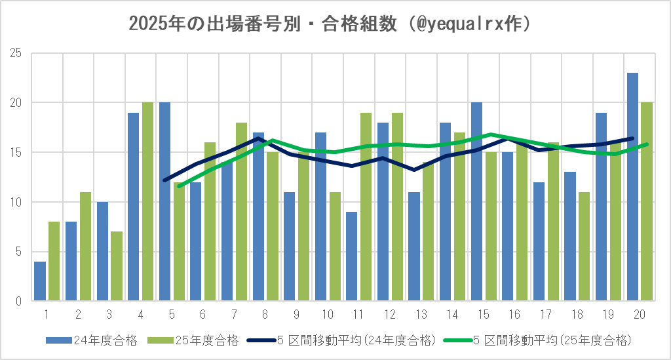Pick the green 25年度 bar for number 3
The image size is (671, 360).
117,266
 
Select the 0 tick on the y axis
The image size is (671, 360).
20,301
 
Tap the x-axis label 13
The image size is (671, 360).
421,314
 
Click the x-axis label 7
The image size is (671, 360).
234,314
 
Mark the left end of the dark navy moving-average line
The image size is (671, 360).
164,180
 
